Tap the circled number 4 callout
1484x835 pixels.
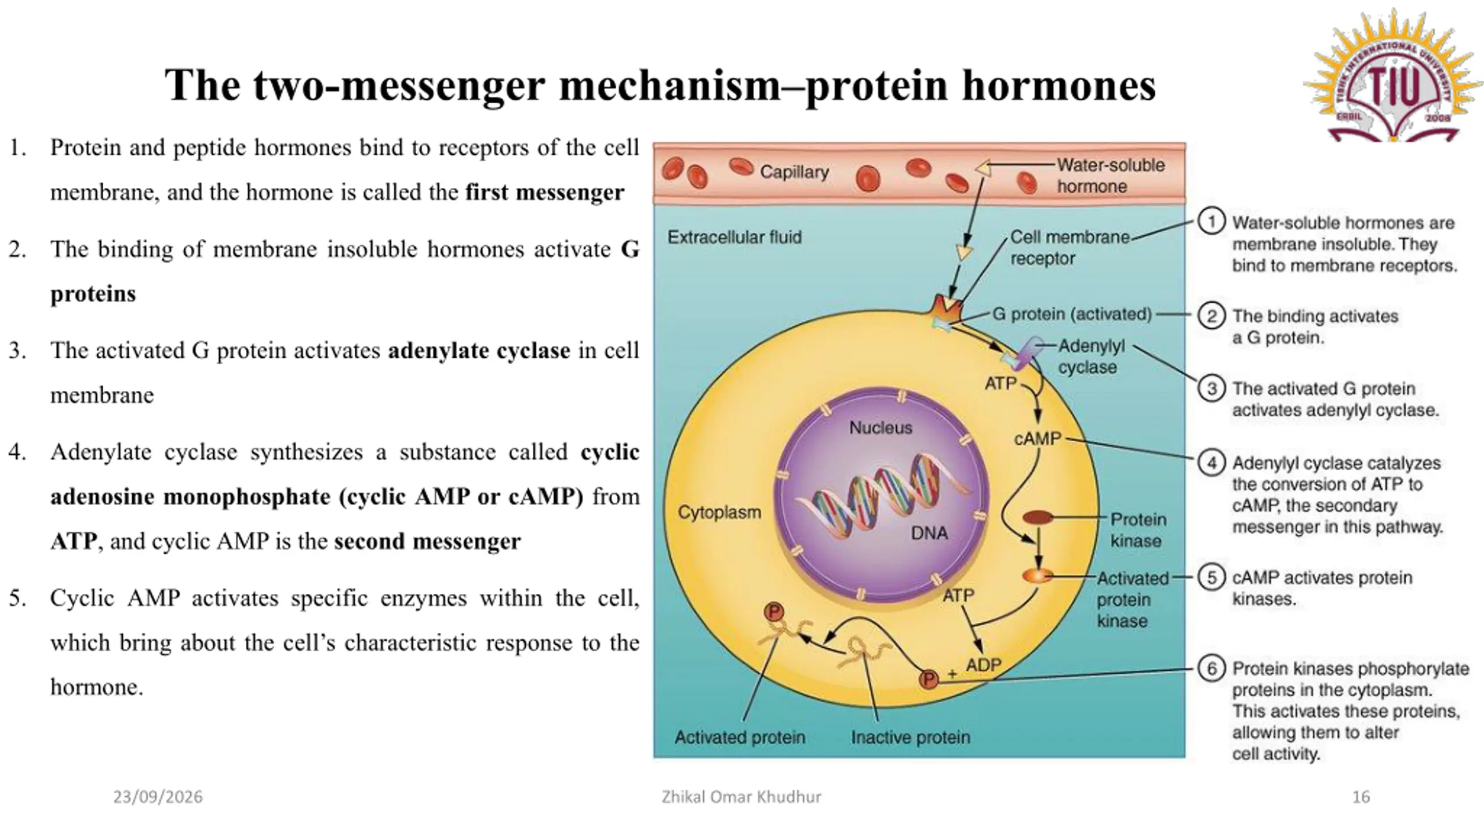(1212, 463)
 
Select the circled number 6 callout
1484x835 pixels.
(1212, 669)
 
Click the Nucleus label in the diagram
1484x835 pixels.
(880, 427)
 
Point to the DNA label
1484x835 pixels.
(929, 533)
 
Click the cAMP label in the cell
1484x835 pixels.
(1038, 438)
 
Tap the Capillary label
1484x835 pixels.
(794, 172)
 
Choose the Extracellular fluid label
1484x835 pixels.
(734, 237)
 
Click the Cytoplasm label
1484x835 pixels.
(719, 512)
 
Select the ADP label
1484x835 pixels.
(983, 665)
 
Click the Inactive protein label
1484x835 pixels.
(910, 737)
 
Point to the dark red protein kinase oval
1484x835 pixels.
(1038, 517)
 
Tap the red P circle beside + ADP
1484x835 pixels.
(929, 679)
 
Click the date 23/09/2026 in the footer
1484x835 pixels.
(158, 797)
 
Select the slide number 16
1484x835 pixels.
(1361, 797)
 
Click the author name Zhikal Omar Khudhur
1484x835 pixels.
(741, 797)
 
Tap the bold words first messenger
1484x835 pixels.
(545, 192)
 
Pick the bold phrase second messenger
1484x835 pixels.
(427, 541)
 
